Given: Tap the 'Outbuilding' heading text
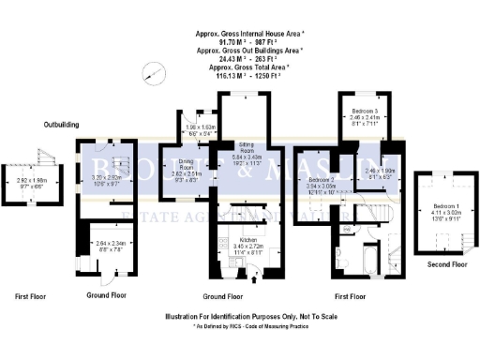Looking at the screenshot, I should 62,124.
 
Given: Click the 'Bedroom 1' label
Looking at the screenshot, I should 439,205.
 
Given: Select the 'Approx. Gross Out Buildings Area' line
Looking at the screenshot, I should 242,52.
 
